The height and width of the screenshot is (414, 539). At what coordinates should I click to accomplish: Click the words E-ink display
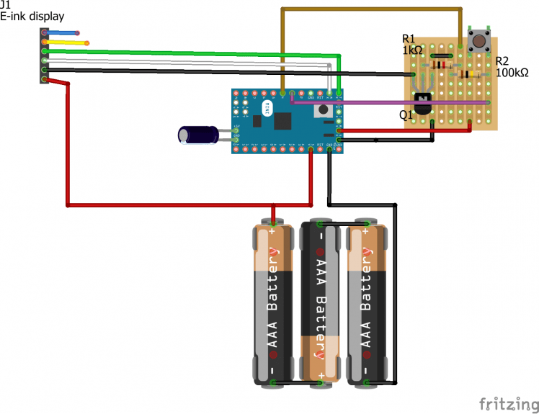pyautogui.click(x=33, y=15)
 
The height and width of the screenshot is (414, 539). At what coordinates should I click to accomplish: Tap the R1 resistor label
pyautogui.click(x=409, y=38)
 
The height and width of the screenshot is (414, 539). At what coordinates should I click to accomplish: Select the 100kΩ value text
pyautogui.click(x=512, y=72)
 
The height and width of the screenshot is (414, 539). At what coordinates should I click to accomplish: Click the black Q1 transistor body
pyautogui.click(x=422, y=105)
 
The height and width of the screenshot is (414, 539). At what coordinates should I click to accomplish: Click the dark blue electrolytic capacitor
pyautogui.click(x=199, y=135)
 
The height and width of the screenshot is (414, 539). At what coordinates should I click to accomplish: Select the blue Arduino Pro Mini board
pyautogui.click(x=287, y=120)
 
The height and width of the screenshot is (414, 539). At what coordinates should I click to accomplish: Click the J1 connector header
pyautogui.click(x=45, y=56)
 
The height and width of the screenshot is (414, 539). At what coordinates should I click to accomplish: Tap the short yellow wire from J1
pyautogui.click(x=67, y=42)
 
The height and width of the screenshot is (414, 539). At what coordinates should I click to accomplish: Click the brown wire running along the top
pyautogui.click(x=371, y=9)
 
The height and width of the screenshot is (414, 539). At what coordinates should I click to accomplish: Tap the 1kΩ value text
pyautogui.click(x=413, y=50)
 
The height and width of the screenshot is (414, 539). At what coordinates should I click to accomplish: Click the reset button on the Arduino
pyautogui.click(x=324, y=110)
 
